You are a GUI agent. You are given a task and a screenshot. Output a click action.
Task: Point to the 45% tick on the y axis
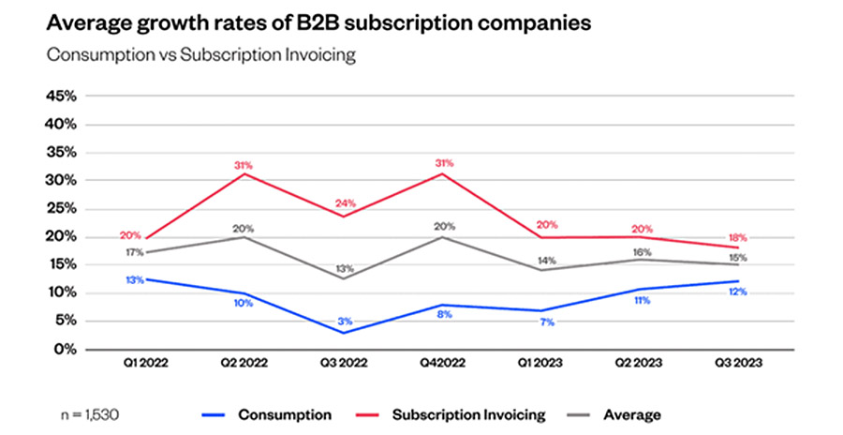point(61,97)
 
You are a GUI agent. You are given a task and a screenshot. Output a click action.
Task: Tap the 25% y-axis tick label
point(61,208)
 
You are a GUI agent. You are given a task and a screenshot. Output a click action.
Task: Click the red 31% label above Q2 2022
point(243,166)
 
